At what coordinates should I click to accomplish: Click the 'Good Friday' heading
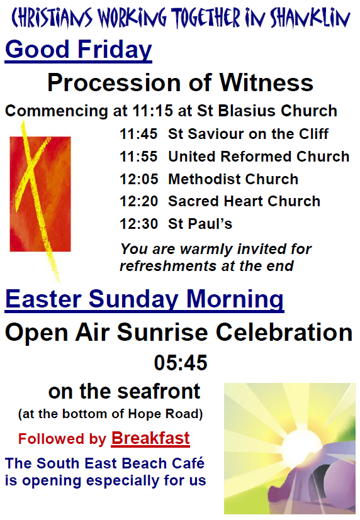78,50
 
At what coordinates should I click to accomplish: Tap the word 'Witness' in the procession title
266,82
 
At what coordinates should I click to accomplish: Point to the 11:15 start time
153,111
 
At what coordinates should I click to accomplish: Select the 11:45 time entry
138,134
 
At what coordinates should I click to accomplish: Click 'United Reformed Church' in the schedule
259,157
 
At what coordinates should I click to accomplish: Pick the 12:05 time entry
138,179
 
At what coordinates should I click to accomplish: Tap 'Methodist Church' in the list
233,179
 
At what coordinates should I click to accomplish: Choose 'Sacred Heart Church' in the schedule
244,201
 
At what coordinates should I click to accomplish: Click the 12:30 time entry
138,224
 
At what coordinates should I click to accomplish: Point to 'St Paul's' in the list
200,224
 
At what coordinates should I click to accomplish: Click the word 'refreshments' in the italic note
168,266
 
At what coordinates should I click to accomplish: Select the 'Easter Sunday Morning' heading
144,299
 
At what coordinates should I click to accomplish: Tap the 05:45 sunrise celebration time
181,362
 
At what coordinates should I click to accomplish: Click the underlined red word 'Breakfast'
150,438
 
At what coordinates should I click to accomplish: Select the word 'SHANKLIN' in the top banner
310,18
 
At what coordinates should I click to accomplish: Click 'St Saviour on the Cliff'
248,134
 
